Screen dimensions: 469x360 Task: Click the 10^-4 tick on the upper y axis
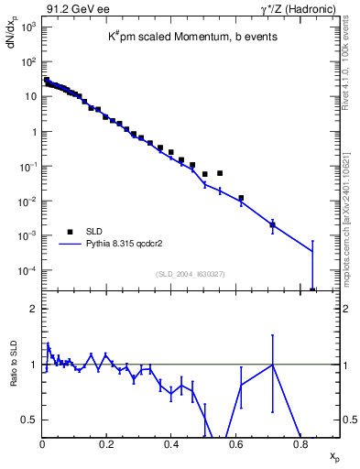(29, 271)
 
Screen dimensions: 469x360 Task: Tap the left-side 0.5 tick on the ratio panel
(29, 420)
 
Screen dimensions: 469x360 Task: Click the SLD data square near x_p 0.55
(220, 172)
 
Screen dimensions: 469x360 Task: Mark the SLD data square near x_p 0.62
(241, 198)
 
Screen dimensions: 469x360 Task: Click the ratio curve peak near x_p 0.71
(272, 365)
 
